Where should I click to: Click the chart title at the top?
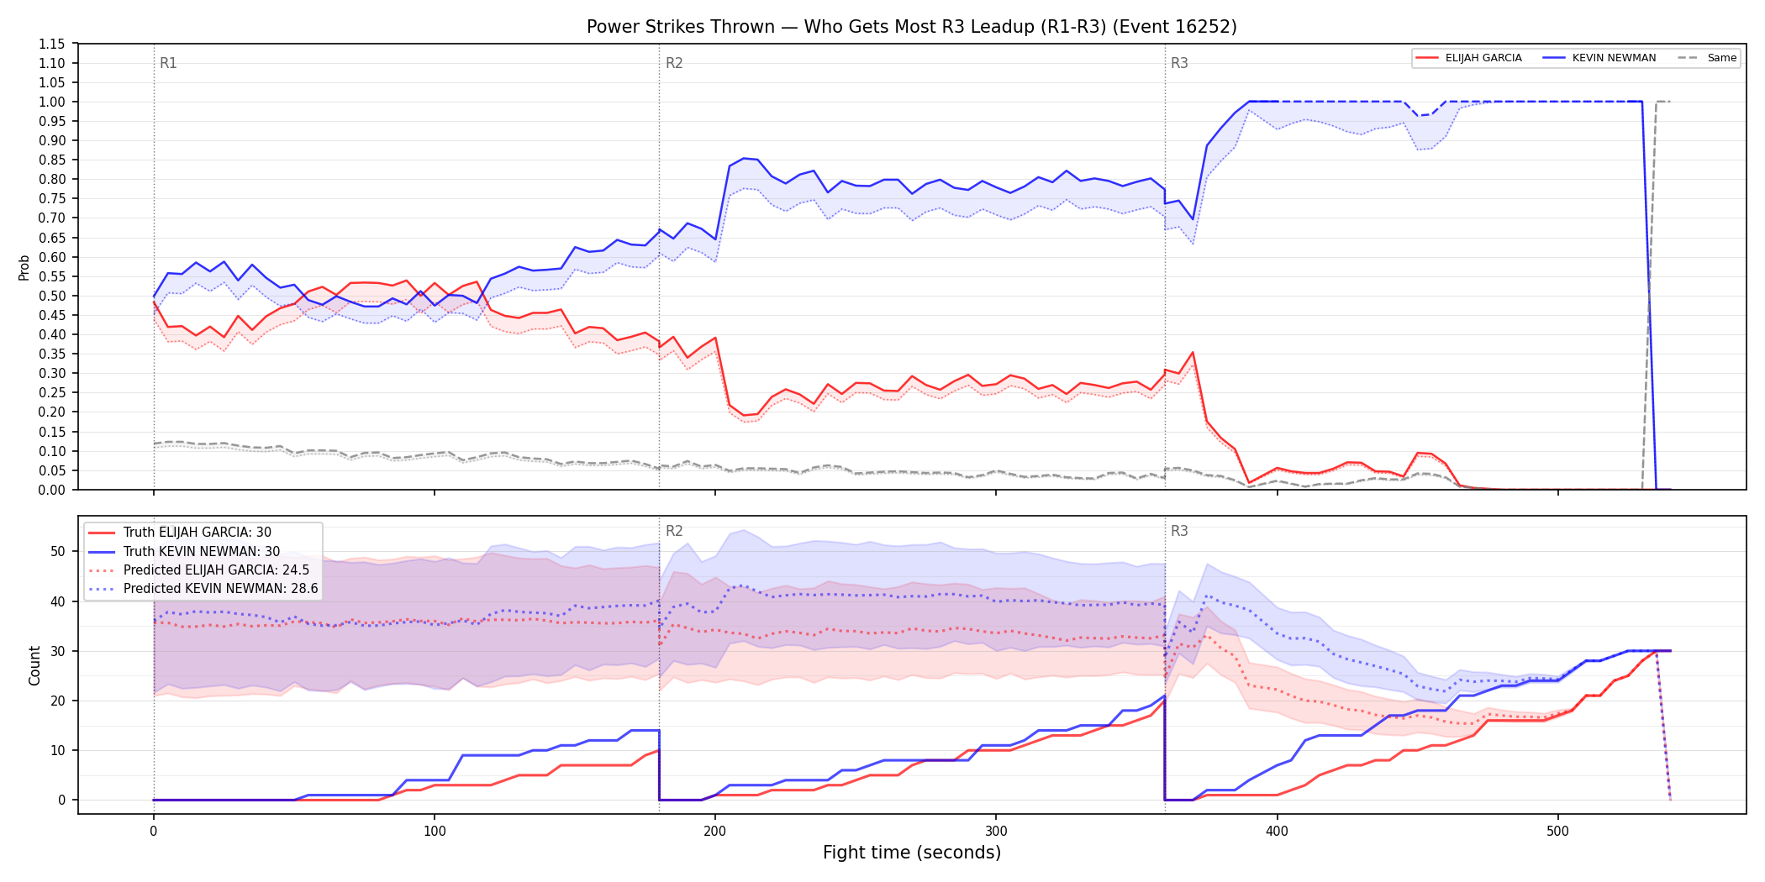(911, 27)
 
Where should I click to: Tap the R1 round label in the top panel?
(168, 63)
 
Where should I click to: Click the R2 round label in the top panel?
(674, 63)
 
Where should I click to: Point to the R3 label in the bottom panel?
(1179, 531)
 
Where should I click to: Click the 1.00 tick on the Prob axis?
(52, 102)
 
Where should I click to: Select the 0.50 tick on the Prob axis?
(52, 296)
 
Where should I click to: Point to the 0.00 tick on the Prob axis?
(52, 490)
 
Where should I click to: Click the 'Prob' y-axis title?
(24, 267)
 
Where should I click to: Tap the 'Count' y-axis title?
(34, 665)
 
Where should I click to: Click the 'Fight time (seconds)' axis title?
(912, 853)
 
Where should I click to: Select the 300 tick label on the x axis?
(996, 832)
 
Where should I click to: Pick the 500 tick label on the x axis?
(1557, 832)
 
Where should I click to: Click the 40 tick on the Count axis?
(58, 601)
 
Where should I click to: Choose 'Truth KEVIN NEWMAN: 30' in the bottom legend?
(202, 551)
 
